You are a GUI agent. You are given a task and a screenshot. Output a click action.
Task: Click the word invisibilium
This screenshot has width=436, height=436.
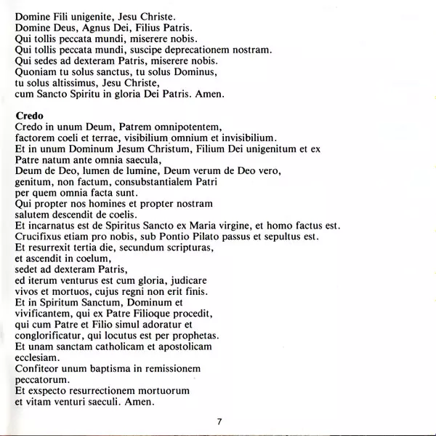[242, 138]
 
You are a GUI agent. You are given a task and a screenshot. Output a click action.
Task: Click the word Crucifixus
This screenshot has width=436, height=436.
[41, 237]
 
